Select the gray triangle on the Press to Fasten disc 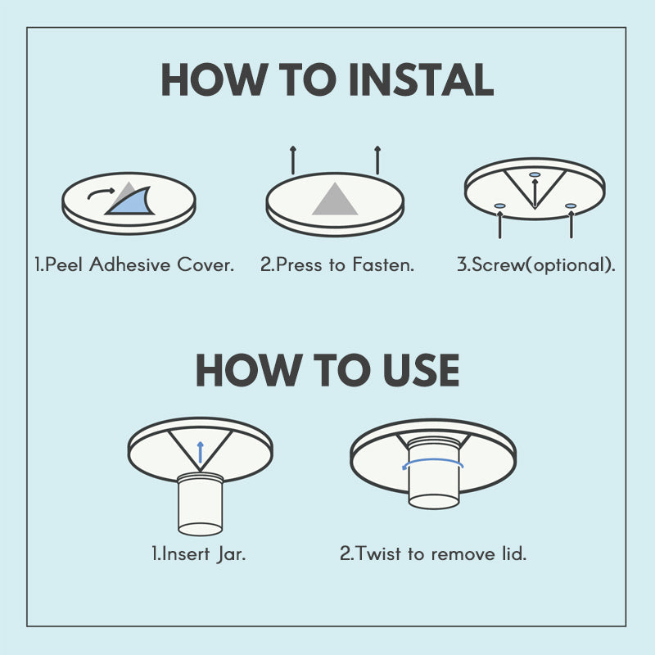point(335,201)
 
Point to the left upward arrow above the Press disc point(292,160)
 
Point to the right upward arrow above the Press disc point(377,160)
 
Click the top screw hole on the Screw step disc point(535,175)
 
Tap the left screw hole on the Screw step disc point(499,206)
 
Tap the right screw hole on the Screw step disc point(571,206)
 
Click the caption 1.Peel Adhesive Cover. point(134,265)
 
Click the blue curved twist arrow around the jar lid point(432,463)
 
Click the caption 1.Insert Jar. point(199,553)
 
